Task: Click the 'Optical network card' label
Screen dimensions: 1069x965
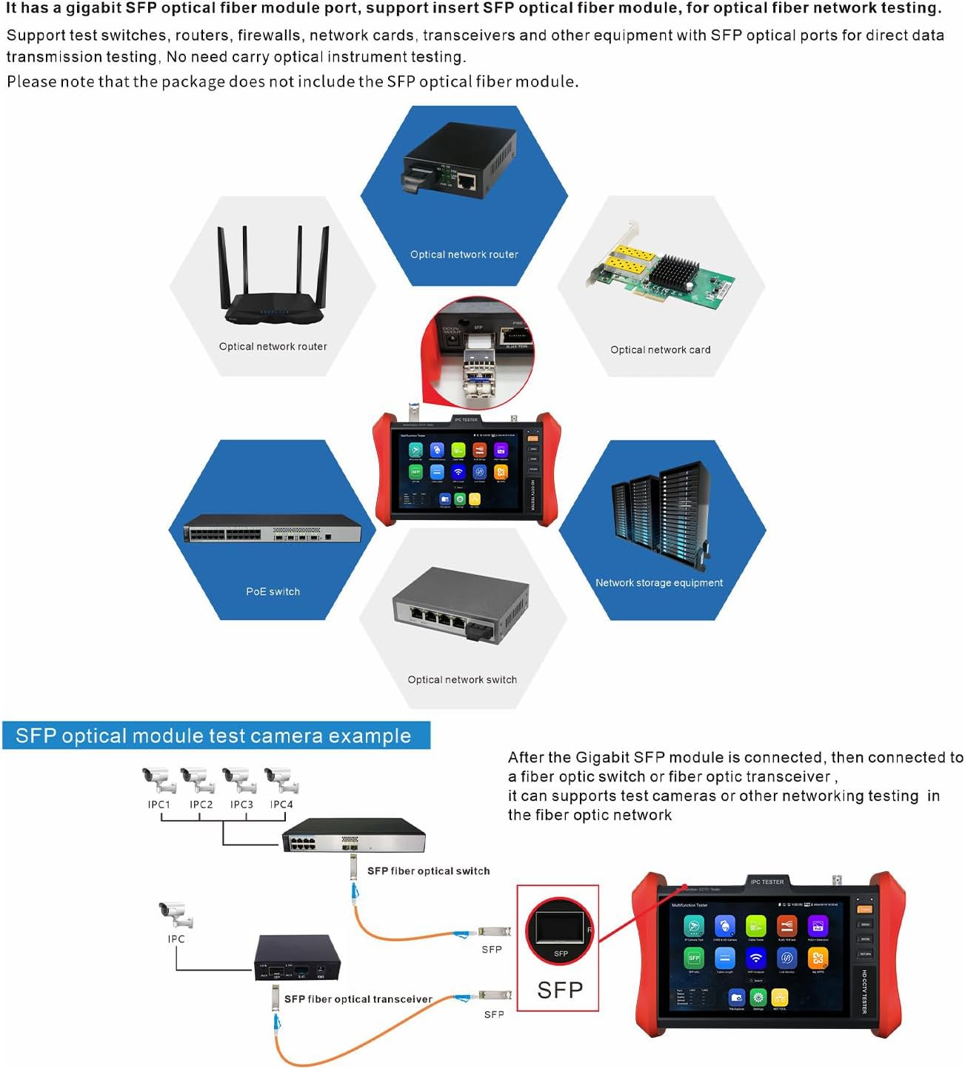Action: click(x=660, y=350)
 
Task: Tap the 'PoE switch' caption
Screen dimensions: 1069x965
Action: click(x=273, y=591)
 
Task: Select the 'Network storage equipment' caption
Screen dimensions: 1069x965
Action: click(x=658, y=583)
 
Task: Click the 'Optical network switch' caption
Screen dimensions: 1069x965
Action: click(x=462, y=679)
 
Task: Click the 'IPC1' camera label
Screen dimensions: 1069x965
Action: click(x=158, y=805)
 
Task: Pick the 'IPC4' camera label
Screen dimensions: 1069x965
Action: click(x=281, y=805)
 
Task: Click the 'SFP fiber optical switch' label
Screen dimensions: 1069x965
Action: click(x=428, y=871)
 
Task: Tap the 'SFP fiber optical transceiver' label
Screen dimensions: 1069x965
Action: click(x=358, y=999)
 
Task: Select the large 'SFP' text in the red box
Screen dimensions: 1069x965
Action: click(x=559, y=990)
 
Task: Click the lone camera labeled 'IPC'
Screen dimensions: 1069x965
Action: click(x=176, y=915)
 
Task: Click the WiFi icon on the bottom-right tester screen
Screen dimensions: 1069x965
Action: click(x=755, y=958)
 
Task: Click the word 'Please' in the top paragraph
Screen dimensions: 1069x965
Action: click(x=30, y=81)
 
